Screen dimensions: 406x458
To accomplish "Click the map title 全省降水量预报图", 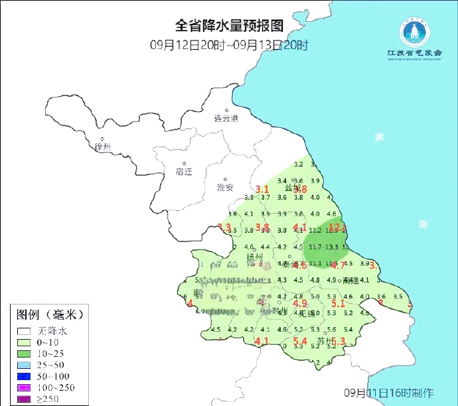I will point(228,26).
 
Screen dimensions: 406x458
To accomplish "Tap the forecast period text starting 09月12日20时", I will point(229,45).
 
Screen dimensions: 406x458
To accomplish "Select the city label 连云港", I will point(226,119).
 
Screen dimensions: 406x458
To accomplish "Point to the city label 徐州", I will point(104,146).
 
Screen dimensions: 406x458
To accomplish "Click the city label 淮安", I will point(225,187).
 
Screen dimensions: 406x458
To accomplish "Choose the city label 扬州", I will point(255,257).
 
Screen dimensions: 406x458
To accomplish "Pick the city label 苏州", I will point(325,341).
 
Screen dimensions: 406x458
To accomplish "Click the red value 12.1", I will point(337,228).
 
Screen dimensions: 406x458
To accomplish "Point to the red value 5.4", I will point(299,342).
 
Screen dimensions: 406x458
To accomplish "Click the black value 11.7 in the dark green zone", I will point(315,247).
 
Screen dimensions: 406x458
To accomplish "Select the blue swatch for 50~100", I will point(25,376).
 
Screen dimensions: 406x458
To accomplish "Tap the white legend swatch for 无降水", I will point(25,330).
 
